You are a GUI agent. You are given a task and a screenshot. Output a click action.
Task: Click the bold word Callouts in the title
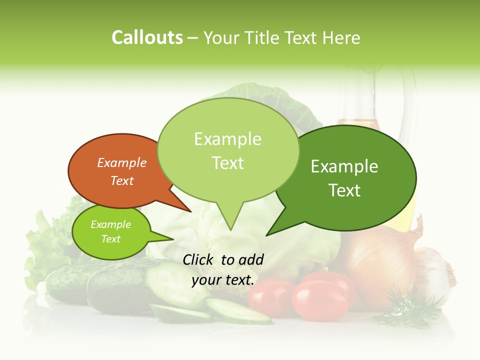point(147,38)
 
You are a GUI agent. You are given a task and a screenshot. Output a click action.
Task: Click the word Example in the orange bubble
point(122,163)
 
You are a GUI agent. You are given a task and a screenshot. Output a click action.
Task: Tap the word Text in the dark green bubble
point(344,190)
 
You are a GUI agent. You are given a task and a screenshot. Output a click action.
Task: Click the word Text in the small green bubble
point(111,239)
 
